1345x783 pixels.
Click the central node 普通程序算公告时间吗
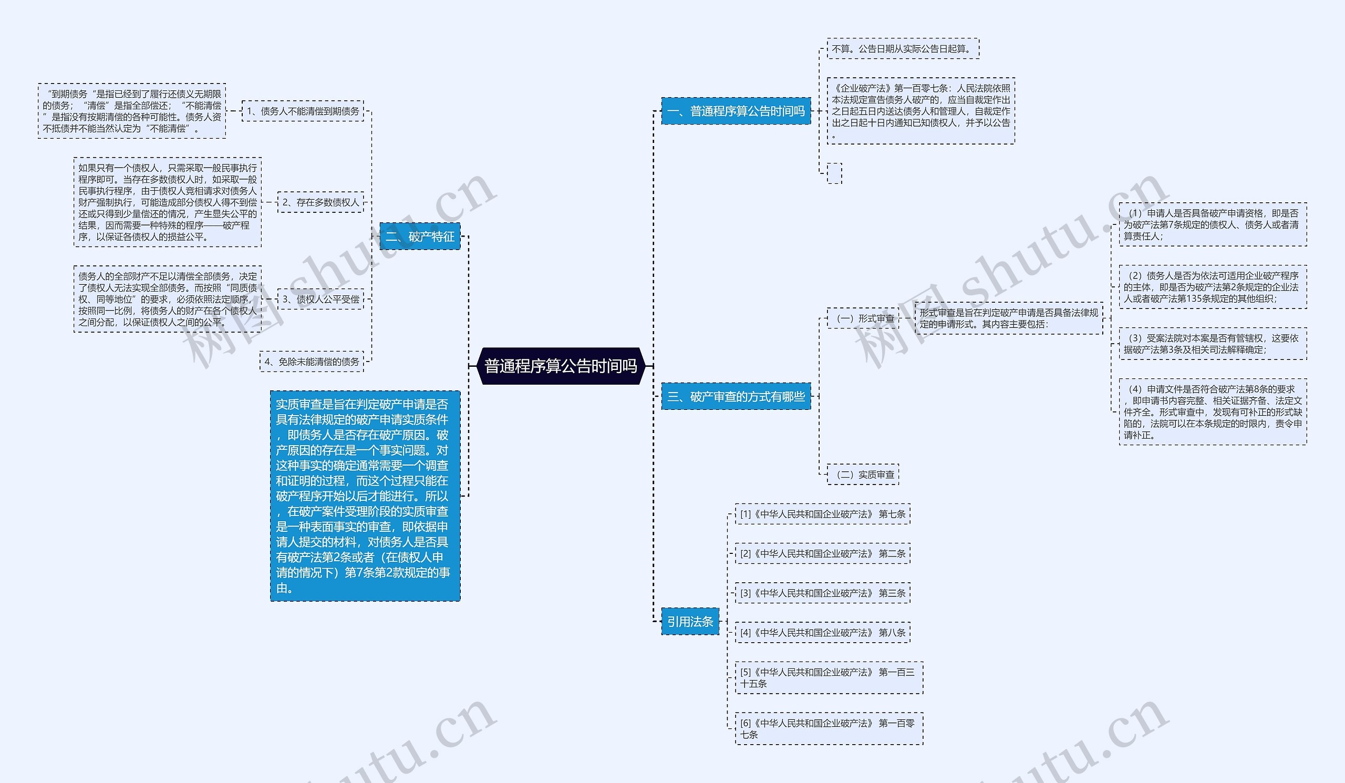click(561, 366)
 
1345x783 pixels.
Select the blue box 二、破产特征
click(419, 236)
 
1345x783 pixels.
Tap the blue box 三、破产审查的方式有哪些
click(736, 397)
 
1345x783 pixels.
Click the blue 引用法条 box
click(690, 621)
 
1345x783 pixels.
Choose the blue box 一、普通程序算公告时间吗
click(736, 111)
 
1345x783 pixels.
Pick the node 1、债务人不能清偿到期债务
click(303, 111)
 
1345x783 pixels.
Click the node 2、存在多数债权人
click(320, 202)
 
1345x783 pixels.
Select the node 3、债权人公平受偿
click(320, 299)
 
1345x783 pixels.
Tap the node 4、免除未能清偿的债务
click(312, 362)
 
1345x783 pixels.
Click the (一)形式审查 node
click(863, 318)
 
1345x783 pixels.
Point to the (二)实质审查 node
click(863, 474)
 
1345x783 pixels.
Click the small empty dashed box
click(834, 173)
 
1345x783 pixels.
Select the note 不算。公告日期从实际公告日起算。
click(903, 48)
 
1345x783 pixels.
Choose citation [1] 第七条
click(822, 514)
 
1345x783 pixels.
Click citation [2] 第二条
click(822, 553)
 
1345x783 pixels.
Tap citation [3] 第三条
click(822, 593)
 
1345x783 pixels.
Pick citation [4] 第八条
click(822, 633)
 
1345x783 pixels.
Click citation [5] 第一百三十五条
click(829, 678)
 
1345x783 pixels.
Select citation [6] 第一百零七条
click(829, 728)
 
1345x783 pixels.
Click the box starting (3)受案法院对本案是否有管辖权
click(1212, 344)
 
